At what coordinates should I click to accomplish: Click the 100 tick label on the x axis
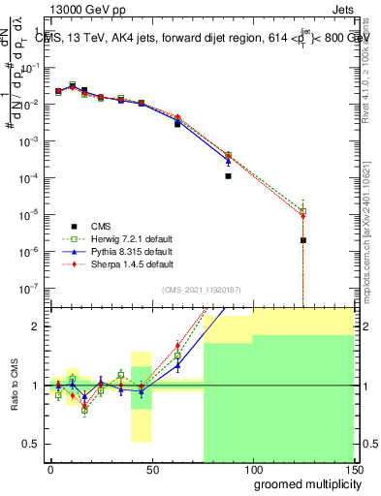click(x=253, y=469)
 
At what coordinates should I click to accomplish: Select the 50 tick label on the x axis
click(x=151, y=469)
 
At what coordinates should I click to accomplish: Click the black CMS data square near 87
click(x=228, y=176)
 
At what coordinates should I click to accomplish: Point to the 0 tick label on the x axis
click(x=50, y=469)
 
